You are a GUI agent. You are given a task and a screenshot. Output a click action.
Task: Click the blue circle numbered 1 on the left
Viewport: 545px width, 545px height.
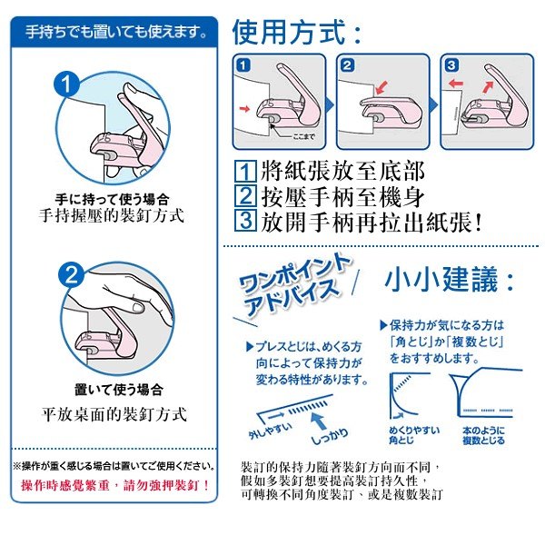coord(67,84)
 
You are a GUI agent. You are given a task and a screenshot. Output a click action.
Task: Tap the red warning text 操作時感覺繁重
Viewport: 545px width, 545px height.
coord(115,484)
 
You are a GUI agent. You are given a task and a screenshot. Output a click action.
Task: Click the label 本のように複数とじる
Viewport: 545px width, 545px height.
coord(482,434)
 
